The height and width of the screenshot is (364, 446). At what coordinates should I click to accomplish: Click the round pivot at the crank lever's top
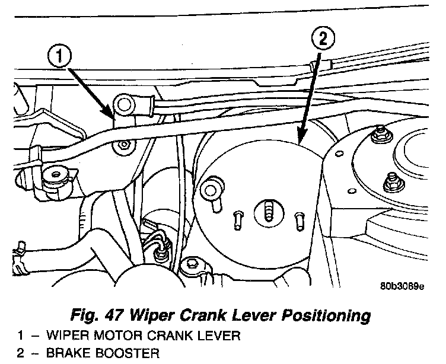[125, 106]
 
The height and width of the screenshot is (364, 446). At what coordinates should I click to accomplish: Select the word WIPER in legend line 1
[60, 336]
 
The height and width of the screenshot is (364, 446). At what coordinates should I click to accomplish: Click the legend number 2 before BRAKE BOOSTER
[20, 355]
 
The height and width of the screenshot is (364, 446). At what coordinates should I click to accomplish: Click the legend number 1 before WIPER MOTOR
[20, 336]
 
